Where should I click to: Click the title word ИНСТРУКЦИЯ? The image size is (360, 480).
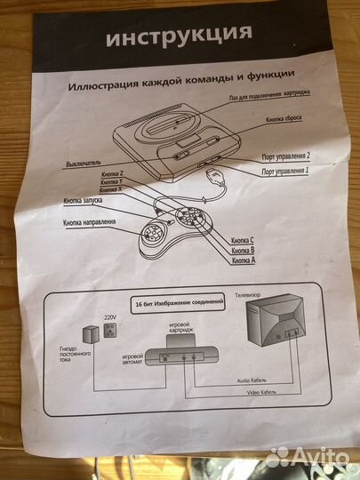[x=179, y=36]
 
